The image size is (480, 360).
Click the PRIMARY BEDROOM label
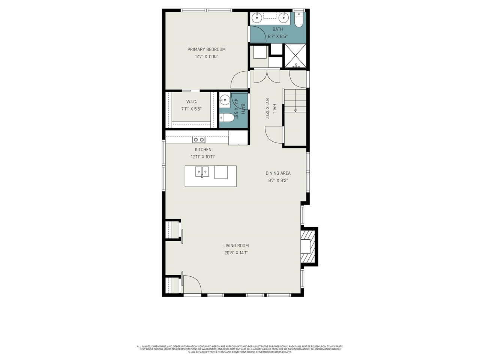pyautogui.click(x=206, y=49)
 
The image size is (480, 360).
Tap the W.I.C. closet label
pyautogui.click(x=191, y=102)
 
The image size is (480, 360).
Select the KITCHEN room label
pyautogui.click(x=203, y=150)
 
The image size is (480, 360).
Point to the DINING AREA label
pyautogui.click(x=278, y=173)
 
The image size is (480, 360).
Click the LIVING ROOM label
pyautogui.click(x=236, y=246)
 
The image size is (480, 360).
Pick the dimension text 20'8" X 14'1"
pyautogui.click(x=236, y=253)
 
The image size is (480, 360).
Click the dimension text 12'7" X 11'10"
pyautogui.click(x=206, y=57)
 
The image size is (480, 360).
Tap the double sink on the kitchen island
pyautogui.click(x=202, y=172)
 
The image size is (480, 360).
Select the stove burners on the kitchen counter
pyautogui.click(x=199, y=139)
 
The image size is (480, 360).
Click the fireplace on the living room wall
pyautogui.click(x=308, y=247)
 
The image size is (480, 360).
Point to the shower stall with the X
pyautogui.click(x=295, y=55)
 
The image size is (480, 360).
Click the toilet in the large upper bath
pyautogui.click(x=298, y=20)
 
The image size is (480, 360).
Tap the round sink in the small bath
pyautogui.click(x=225, y=100)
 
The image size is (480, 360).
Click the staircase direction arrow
pyautogui.click(x=295, y=110)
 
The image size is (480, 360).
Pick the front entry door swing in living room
pyautogui.click(x=192, y=284)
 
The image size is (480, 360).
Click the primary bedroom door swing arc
pyautogui.click(x=239, y=80)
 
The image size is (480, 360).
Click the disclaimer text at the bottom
pyautogui.click(x=240, y=349)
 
